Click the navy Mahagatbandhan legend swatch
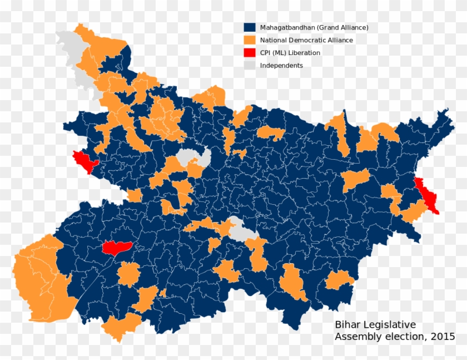(x=250, y=27)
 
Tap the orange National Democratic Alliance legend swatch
(x=250, y=40)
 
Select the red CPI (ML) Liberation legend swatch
(x=250, y=53)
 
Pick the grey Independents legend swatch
(x=250, y=66)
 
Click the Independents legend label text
(x=281, y=66)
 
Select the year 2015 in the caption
(x=443, y=337)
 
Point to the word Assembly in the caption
(x=356, y=337)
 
